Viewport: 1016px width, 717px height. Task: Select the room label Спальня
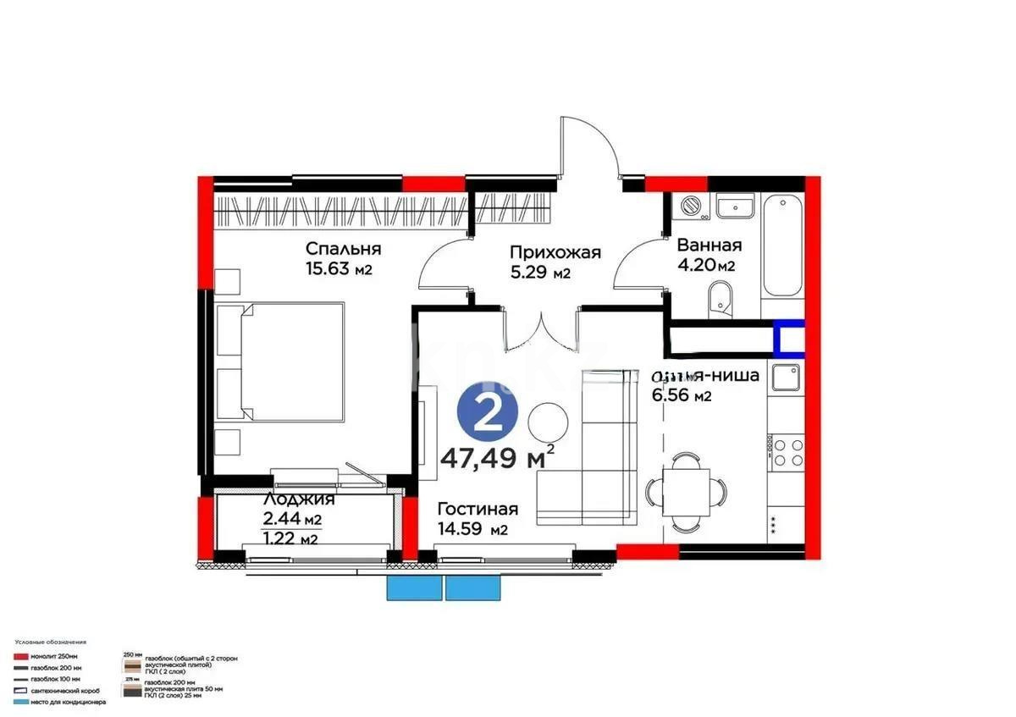click(x=343, y=249)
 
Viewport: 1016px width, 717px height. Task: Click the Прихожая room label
click(x=555, y=252)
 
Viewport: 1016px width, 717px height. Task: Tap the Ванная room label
click(x=709, y=245)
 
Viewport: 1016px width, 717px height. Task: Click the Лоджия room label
click(x=292, y=499)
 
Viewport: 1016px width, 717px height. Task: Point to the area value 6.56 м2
click(x=681, y=395)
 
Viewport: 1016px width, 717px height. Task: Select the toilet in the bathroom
click(x=721, y=298)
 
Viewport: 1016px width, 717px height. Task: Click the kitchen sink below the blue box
click(x=784, y=378)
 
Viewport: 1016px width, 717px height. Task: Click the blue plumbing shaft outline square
click(x=788, y=338)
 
